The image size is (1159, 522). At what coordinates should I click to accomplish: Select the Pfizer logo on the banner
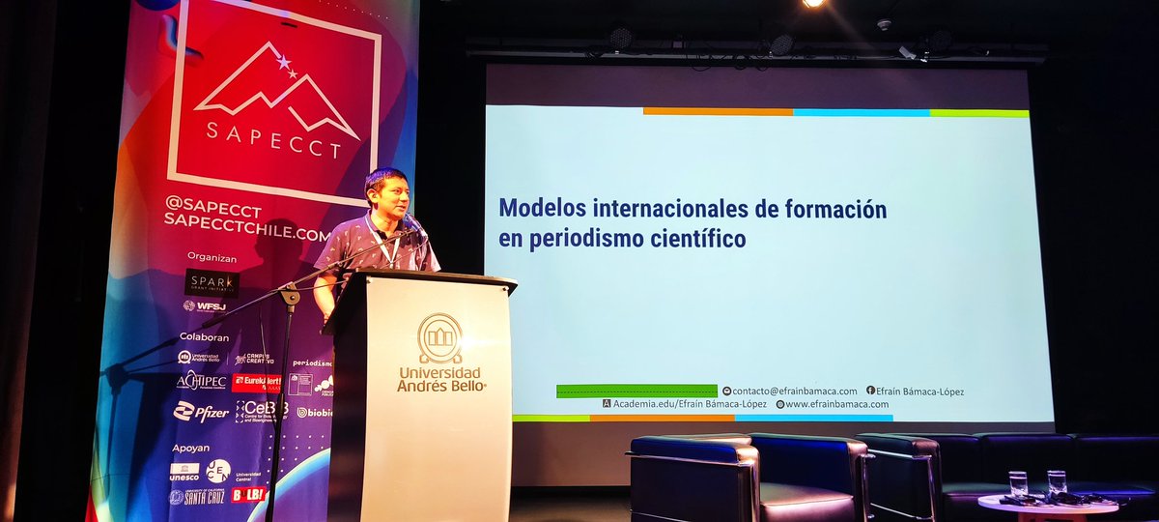201,412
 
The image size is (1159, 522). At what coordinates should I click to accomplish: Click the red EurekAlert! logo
257,382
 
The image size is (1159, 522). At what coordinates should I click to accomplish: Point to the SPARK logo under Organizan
212,281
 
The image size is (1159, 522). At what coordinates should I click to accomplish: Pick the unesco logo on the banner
184,472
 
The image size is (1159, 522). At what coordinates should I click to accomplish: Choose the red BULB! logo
248,495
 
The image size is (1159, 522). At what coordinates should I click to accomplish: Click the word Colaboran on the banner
204,337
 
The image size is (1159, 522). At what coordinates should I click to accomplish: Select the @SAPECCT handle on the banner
213,204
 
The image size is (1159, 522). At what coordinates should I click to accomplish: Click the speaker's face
385,198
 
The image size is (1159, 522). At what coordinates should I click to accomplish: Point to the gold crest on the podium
439,337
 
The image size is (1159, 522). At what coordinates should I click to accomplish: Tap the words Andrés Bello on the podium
440,387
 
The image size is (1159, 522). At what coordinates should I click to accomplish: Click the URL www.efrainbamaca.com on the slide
836,404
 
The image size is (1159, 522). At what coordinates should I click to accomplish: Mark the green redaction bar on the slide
636,391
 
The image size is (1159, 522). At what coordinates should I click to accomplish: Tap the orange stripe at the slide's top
718,112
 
